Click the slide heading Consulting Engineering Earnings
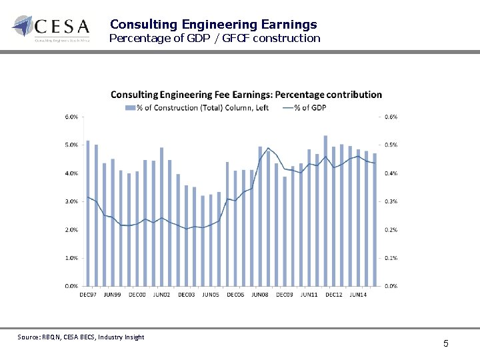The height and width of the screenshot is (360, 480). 213,25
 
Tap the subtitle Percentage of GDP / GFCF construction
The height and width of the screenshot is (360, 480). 215,39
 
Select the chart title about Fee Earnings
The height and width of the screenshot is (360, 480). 246,95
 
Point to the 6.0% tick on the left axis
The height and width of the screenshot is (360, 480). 71,117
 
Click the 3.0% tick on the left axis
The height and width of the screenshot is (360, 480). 71,201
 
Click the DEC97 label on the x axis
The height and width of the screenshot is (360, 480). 88,294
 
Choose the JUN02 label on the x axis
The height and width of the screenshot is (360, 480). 162,294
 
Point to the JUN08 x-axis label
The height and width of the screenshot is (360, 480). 260,294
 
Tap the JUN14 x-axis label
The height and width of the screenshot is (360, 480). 358,294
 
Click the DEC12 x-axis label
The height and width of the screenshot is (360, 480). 333,294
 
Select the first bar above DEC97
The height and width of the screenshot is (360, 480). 88,213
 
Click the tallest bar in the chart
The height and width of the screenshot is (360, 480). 325,211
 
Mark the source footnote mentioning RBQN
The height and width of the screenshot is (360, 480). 81,337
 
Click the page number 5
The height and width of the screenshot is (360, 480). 446,344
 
